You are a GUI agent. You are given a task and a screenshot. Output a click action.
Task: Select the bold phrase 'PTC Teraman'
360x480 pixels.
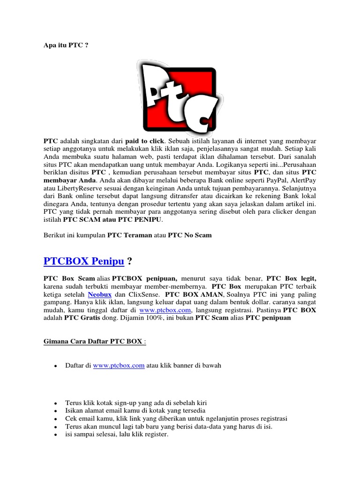click(x=130, y=235)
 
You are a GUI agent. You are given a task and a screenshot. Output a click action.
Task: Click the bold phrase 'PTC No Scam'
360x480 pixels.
click(x=190, y=235)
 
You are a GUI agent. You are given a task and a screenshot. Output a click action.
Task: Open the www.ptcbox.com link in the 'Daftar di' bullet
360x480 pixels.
click(x=119, y=366)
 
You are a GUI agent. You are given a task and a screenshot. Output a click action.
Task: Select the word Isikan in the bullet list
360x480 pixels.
click(x=75, y=411)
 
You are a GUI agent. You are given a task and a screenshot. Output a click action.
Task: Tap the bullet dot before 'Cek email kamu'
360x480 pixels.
click(x=55, y=419)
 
